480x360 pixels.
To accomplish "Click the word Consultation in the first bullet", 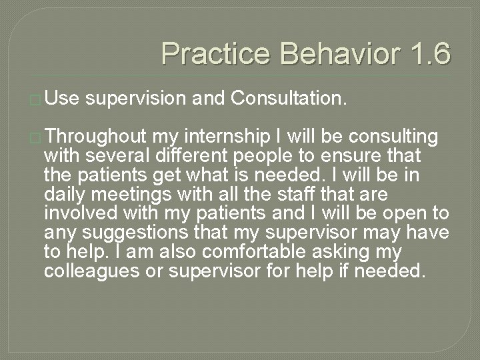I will pos(289,100).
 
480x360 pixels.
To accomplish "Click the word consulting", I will pos(396,137).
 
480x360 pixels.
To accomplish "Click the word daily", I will pos(65,195).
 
